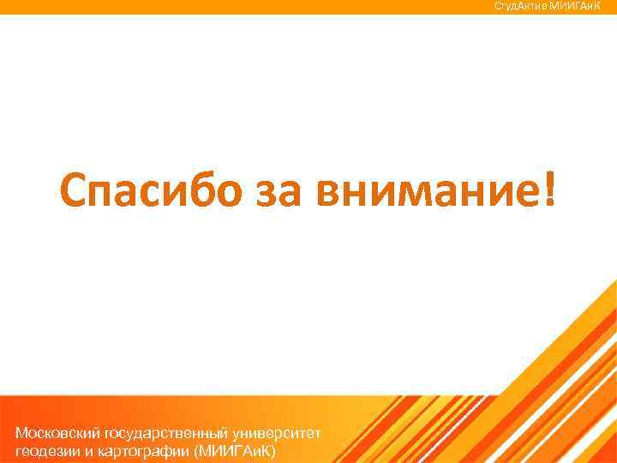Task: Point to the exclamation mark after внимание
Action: pyautogui.click(x=548, y=184)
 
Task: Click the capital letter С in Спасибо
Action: pyautogui.click(x=74, y=186)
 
